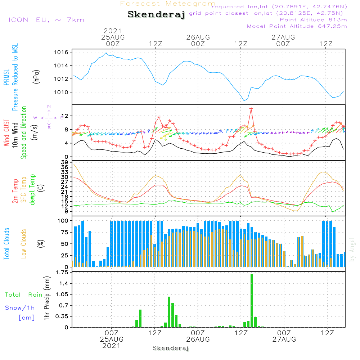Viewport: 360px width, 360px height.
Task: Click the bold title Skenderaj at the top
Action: (x=156, y=15)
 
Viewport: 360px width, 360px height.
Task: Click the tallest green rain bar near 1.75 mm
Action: (x=252, y=301)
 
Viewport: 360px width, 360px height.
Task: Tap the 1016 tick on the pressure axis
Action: (x=61, y=52)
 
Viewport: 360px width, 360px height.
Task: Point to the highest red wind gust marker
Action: (x=251, y=109)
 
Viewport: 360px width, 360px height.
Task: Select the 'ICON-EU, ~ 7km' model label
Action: (x=46, y=20)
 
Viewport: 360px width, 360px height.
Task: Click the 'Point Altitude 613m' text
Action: (x=314, y=20)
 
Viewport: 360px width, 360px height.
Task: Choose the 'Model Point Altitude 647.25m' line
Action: (x=297, y=26)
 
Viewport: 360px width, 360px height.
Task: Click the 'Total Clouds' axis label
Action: (x=6, y=244)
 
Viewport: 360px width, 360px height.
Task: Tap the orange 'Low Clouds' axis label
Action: (x=24, y=244)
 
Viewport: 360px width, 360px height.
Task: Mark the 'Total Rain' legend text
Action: (x=24, y=295)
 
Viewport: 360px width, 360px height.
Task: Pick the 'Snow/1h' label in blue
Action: (x=20, y=308)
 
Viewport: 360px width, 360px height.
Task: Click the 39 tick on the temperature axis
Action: (x=65, y=162)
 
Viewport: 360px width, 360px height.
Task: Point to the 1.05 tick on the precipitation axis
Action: (x=62, y=294)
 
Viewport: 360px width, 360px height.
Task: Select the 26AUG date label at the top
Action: (x=198, y=37)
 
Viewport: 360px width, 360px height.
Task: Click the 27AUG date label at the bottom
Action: (x=284, y=339)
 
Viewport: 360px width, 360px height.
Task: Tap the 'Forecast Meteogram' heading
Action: (x=168, y=4)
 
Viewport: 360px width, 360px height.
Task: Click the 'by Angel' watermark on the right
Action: (x=352, y=249)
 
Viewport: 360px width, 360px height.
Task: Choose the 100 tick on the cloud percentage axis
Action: (x=63, y=221)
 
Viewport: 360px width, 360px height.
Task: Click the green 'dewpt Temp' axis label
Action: (x=32, y=189)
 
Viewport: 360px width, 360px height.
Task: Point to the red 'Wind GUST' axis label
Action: (x=6, y=133)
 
